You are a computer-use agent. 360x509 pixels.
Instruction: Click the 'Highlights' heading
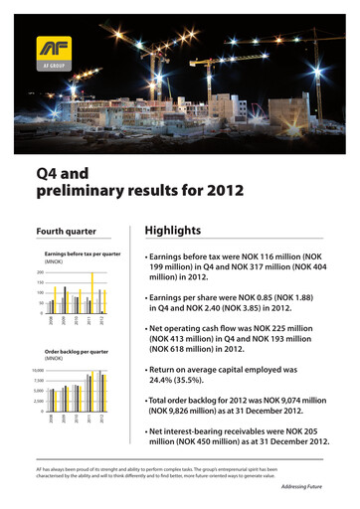pos(174,230)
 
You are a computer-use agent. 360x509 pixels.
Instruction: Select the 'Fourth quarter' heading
pos(67,232)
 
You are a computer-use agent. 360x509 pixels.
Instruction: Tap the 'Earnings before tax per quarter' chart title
pos(85,254)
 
